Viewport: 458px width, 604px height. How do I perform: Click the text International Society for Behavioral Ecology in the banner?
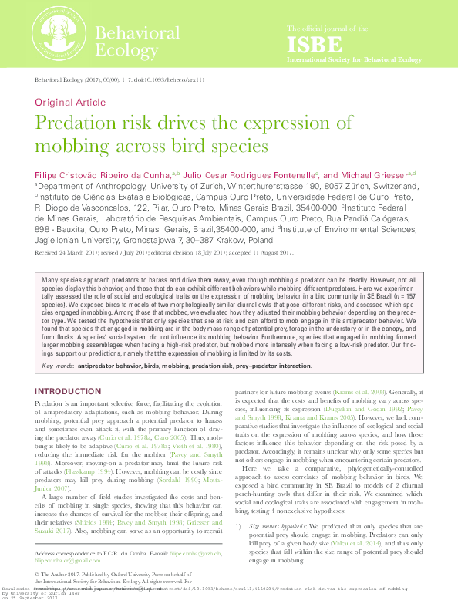[354, 59]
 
